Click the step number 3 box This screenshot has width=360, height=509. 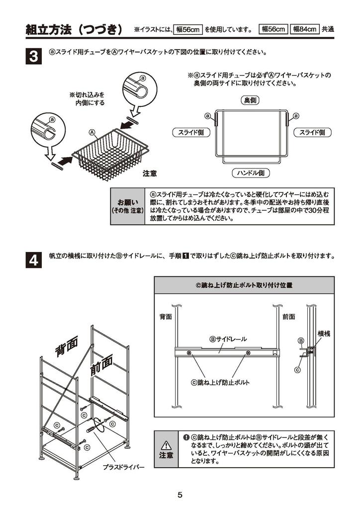(33, 56)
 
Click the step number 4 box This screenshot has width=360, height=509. (33, 259)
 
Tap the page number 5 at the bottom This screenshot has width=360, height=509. (180, 495)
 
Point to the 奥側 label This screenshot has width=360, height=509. (250, 100)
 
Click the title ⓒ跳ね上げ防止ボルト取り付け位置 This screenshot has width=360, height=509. (244, 286)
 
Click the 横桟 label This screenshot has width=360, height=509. (324, 334)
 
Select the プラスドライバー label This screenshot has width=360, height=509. (123, 467)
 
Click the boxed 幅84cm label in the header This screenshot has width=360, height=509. (305, 29)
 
